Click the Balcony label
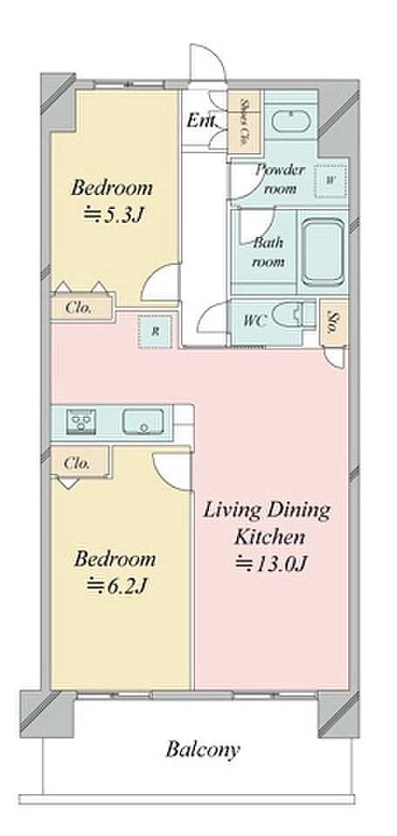coord(203,750)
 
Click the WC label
coord(254,321)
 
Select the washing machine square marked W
coord(330,180)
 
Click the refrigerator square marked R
coord(155,331)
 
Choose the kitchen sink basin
coord(143,421)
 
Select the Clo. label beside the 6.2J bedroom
coord(77,463)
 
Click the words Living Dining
coord(267,512)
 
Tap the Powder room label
coord(279,179)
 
